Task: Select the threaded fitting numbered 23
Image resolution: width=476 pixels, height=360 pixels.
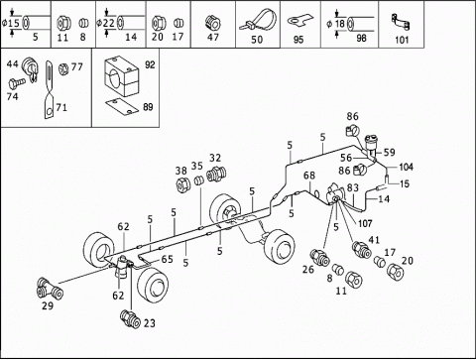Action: click(131, 319)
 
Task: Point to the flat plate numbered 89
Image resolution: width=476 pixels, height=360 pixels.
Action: click(122, 107)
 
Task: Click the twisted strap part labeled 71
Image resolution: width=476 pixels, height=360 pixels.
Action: click(49, 89)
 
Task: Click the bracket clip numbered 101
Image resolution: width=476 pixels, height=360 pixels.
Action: click(401, 22)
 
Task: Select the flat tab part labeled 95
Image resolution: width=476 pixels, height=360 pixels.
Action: click(299, 21)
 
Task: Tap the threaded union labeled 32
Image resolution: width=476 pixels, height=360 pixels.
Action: click(216, 174)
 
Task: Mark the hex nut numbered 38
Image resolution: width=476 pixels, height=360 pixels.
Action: click(182, 185)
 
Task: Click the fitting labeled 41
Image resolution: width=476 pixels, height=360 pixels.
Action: click(361, 250)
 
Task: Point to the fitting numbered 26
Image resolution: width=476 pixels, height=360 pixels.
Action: click(319, 258)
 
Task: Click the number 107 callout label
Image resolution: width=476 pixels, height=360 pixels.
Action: click(365, 224)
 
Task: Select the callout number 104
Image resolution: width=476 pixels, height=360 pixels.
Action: click(406, 167)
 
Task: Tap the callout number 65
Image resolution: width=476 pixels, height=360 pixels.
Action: click(168, 259)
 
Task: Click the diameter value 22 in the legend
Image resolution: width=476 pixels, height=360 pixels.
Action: click(108, 23)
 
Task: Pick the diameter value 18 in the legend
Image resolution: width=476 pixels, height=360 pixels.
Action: click(340, 24)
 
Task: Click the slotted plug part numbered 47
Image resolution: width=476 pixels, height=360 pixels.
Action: click(213, 23)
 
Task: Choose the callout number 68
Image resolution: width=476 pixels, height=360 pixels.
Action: click(309, 176)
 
